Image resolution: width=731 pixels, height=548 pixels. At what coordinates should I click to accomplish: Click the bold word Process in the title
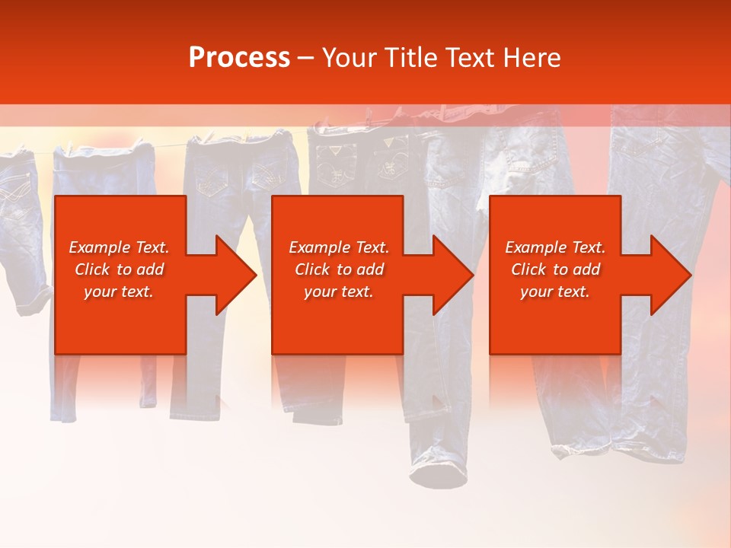(x=239, y=57)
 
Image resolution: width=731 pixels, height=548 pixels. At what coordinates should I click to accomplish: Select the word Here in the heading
(x=531, y=57)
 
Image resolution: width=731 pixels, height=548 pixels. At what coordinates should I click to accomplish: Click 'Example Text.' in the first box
(x=119, y=247)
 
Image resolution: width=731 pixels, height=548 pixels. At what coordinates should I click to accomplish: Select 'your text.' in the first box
(x=119, y=292)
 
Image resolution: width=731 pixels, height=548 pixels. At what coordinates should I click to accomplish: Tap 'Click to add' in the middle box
(x=339, y=269)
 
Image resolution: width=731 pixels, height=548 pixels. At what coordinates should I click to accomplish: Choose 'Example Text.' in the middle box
(x=339, y=247)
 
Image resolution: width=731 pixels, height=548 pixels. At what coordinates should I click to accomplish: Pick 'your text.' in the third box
(x=555, y=292)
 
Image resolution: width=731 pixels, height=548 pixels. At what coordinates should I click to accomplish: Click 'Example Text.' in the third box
(x=555, y=247)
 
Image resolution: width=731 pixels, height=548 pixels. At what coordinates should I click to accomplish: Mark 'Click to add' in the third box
(x=555, y=269)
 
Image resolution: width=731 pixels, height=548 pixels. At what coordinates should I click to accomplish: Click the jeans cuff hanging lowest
(x=439, y=475)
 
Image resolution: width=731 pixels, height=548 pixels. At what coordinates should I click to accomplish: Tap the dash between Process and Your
(x=306, y=58)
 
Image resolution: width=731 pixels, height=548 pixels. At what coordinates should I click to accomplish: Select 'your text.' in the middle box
(x=339, y=292)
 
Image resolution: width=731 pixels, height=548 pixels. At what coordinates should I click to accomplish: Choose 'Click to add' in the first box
(x=119, y=269)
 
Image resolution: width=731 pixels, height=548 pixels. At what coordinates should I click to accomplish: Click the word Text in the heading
(x=468, y=57)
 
